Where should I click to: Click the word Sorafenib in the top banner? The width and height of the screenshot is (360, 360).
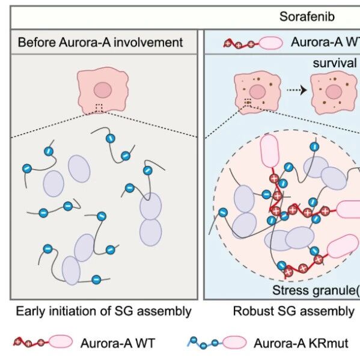coord(307,17)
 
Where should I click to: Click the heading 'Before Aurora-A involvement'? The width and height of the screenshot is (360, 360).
coord(100,42)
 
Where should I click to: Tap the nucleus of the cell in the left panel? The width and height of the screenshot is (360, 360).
coord(103,90)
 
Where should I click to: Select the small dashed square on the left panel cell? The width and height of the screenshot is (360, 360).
coord(99,108)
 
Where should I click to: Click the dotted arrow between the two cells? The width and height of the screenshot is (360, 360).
coord(297,90)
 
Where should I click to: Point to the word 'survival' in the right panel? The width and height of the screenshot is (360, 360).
coord(335,63)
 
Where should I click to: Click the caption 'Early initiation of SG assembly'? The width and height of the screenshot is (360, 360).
coord(103,311)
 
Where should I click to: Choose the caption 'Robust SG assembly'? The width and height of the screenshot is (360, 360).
coord(294,311)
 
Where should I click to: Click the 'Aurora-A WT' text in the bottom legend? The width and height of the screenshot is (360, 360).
coord(118,343)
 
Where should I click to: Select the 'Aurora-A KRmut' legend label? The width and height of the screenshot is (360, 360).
coord(301,343)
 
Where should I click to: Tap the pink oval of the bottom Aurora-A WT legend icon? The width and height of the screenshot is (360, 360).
coord(61,342)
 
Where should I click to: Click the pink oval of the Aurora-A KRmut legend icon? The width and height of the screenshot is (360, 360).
coord(234,343)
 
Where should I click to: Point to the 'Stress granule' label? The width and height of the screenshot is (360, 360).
coord(316,290)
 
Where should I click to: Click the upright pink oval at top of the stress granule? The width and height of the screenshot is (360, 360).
coord(270,151)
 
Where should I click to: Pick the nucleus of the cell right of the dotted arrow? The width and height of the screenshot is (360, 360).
coord(334,91)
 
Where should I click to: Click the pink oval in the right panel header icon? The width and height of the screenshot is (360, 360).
coord(271,43)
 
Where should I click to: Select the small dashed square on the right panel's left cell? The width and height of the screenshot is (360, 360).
coord(248,102)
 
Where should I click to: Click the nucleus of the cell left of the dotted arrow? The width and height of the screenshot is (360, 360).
coord(257,91)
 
